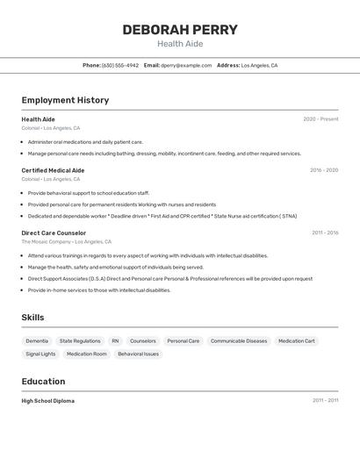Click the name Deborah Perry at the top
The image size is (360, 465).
(180, 30)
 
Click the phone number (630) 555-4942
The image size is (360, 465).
(119, 65)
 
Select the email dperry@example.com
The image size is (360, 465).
(186, 65)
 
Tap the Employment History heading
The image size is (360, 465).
(65, 100)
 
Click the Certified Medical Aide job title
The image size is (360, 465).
(53, 170)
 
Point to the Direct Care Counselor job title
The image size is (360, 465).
(54, 232)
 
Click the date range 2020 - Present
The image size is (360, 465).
(320, 119)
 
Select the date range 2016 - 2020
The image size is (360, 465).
(323, 170)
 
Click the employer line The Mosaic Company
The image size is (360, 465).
(47, 241)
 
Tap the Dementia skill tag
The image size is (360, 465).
(37, 340)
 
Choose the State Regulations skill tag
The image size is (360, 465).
(80, 340)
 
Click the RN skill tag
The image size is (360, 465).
(115, 340)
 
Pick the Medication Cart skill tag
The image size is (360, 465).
(296, 340)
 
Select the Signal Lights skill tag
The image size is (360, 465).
(40, 354)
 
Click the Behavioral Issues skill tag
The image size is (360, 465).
(138, 354)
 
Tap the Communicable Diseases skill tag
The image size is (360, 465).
(239, 340)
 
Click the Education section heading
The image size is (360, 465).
(43, 382)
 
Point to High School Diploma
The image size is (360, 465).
(47, 401)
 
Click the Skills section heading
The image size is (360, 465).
(32, 318)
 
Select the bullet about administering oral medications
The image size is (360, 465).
(85, 141)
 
